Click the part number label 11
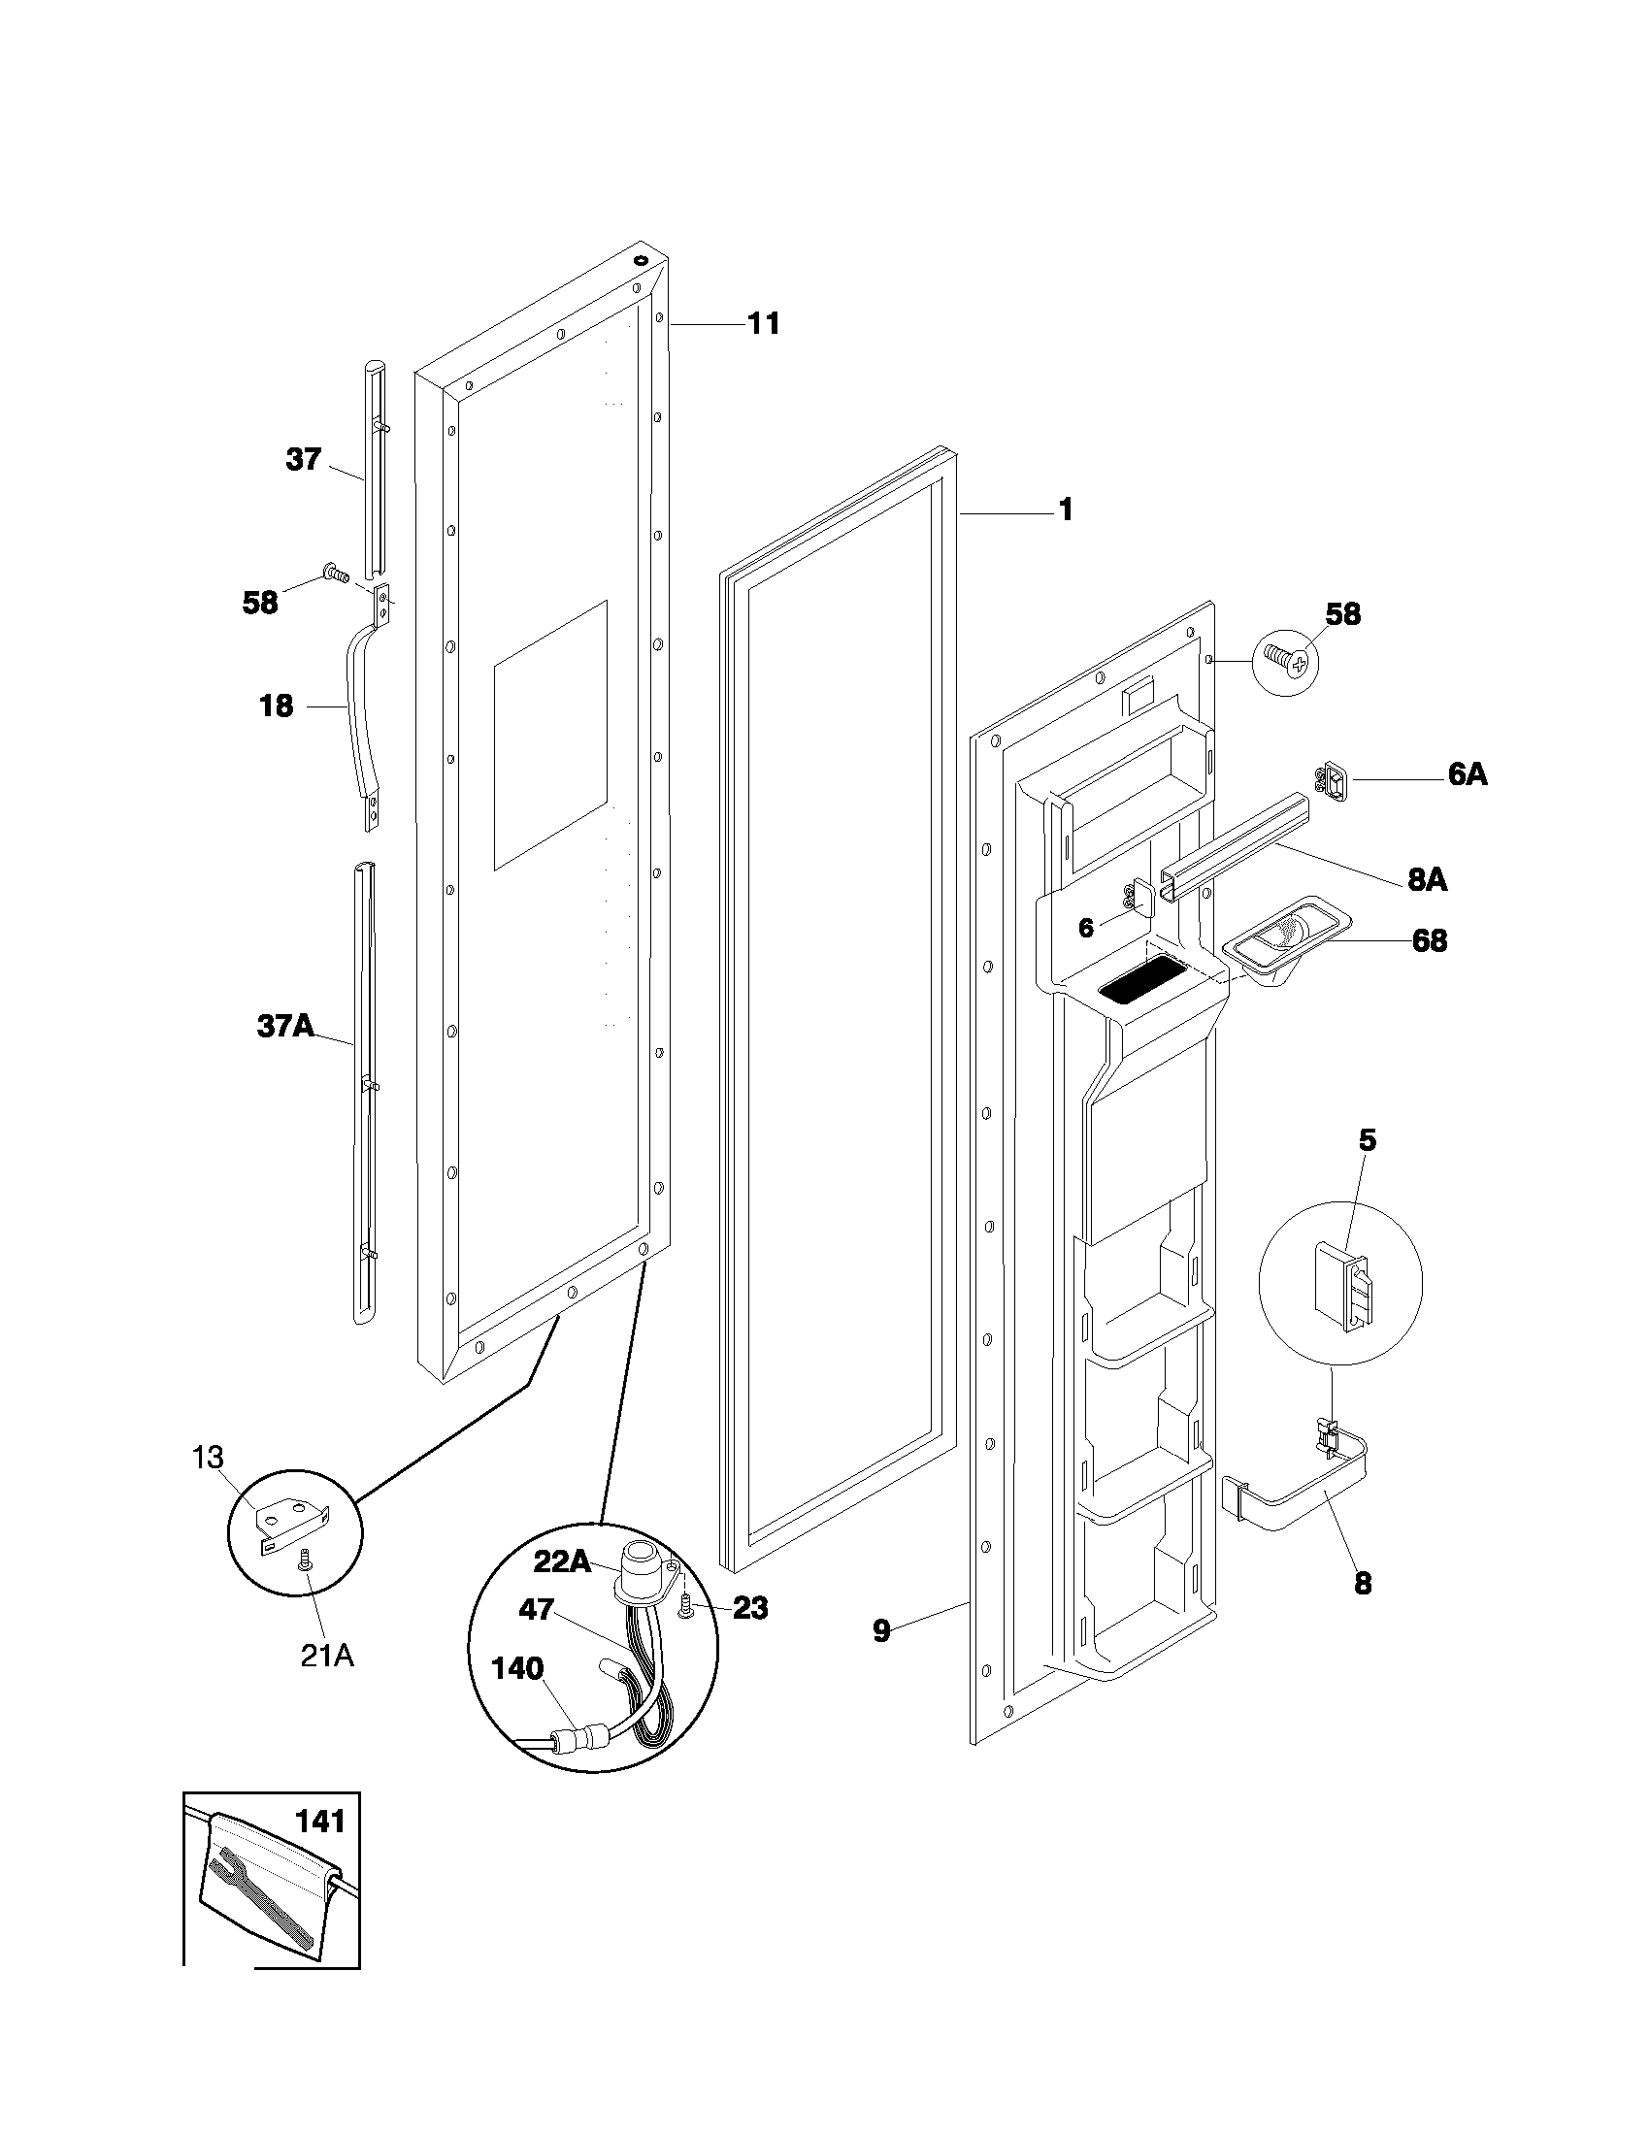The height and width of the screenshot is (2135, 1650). (x=764, y=323)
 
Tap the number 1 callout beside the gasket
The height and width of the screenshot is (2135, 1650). (x=1066, y=509)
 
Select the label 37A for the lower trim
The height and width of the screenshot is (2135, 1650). (x=285, y=1026)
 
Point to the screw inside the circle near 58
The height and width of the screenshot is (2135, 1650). (x=1285, y=662)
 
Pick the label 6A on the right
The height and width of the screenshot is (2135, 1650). (x=1467, y=774)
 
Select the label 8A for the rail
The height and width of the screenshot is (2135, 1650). (x=1427, y=880)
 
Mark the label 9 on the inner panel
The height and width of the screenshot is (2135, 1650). (x=881, y=1630)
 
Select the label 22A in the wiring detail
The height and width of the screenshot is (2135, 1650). (x=561, y=1562)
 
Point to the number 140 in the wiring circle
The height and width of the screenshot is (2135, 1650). (x=517, y=1669)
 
